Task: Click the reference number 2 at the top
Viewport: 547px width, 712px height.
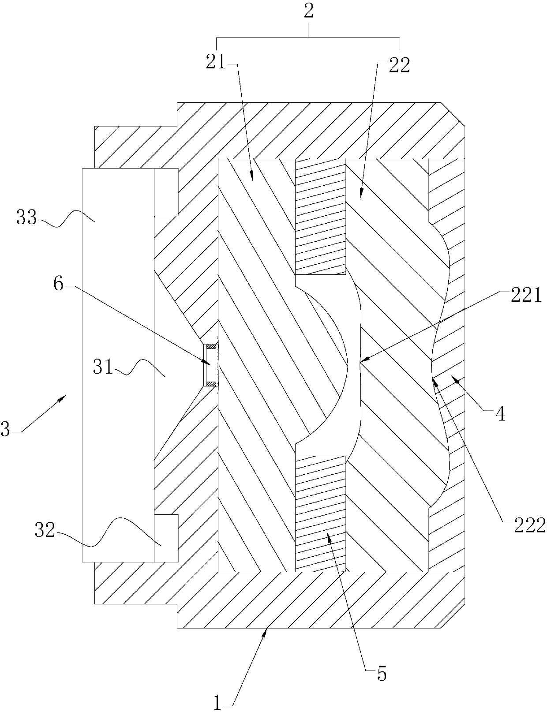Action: pyautogui.click(x=308, y=11)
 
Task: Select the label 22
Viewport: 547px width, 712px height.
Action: pyautogui.click(x=399, y=65)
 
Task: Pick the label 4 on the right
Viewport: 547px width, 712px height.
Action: pyautogui.click(x=500, y=414)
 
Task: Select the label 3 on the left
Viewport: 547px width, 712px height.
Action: pyautogui.click(x=5, y=429)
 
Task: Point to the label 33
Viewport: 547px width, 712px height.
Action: pyautogui.click(x=26, y=218)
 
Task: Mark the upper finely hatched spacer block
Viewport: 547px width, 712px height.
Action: pyautogui.click(x=320, y=216)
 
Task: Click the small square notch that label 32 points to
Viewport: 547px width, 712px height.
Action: pyautogui.click(x=166, y=538)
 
